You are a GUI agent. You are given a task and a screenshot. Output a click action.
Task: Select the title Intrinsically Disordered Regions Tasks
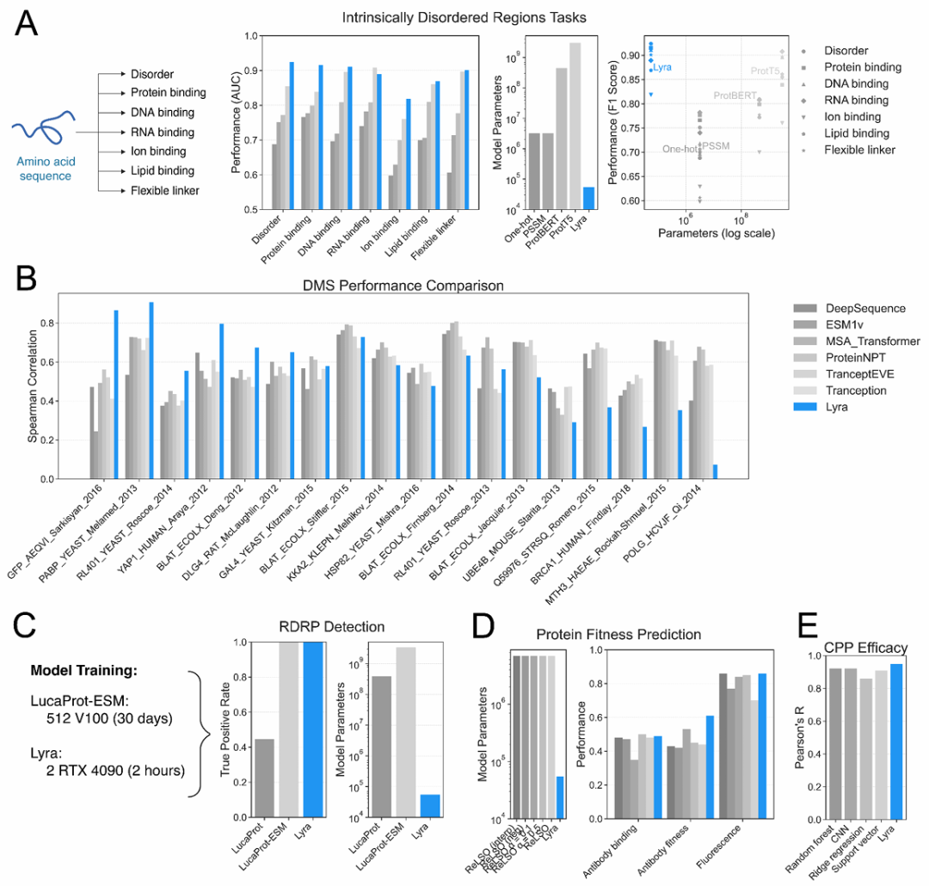point(464,16)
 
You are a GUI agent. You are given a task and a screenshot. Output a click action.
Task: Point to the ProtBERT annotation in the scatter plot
point(733,95)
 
